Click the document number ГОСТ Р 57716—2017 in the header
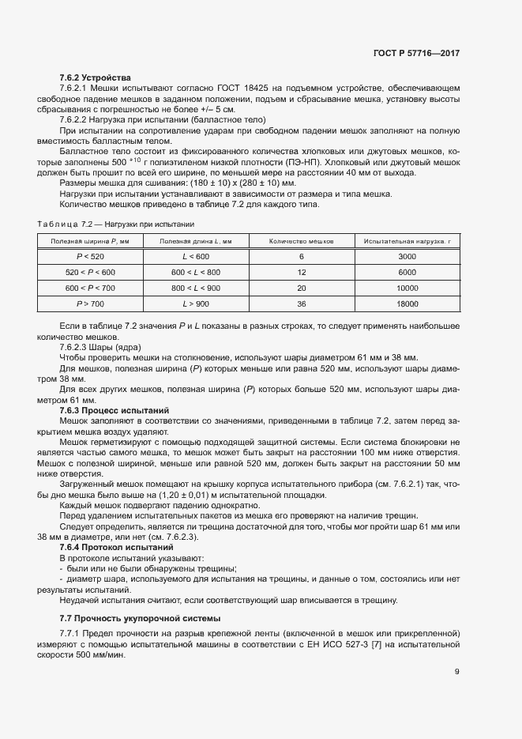(415, 53)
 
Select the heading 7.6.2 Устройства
(96, 77)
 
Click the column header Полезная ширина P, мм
(90, 240)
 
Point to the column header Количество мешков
(301, 240)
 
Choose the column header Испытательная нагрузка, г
(407, 240)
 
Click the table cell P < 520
(90, 257)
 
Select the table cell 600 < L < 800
(196, 273)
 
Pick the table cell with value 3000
(407, 257)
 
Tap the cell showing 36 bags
(301, 304)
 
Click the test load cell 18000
(407, 304)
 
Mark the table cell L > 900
(196, 304)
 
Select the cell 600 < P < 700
(90, 288)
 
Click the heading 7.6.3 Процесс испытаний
(115, 411)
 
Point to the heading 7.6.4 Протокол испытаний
(117, 547)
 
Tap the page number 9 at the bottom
(456, 672)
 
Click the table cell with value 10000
(407, 288)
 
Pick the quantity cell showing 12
(301, 273)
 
